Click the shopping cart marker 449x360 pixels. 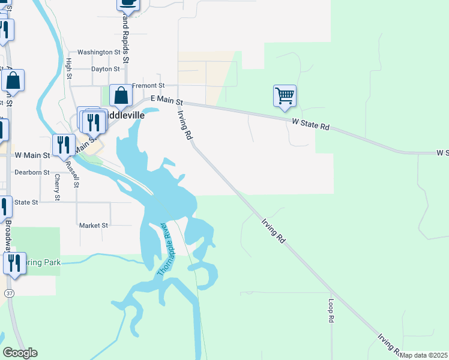click(285, 95)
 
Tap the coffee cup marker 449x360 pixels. click(128, 3)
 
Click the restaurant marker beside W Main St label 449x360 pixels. click(62, 145)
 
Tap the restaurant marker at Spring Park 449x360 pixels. click(13, 263)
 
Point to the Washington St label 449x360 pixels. click(99, 52)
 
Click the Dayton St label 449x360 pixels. click(106, 69)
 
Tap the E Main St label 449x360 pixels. click(166, 100)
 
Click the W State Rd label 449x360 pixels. click(311, 124)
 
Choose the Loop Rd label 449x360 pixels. click(331, 311)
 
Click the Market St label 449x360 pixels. click(93, 226)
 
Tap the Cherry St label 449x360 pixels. click(57, 188)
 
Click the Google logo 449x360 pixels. click(20, 353)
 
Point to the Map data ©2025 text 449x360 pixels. click(424, 355)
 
